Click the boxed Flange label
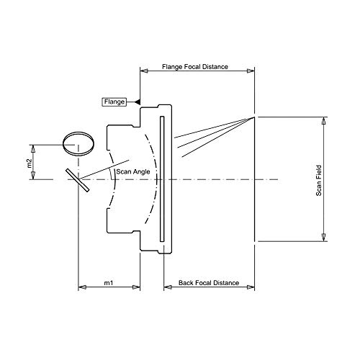point(114,102)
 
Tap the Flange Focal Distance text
point(195,67)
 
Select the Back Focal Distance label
point(209,283)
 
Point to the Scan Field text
point(318,181)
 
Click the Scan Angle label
point(133,171)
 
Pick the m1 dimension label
point(108,283)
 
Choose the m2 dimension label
point(29,163)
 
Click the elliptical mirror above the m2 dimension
point(78,144)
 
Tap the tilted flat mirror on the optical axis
point(78,180)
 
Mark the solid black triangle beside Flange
point(138,102)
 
